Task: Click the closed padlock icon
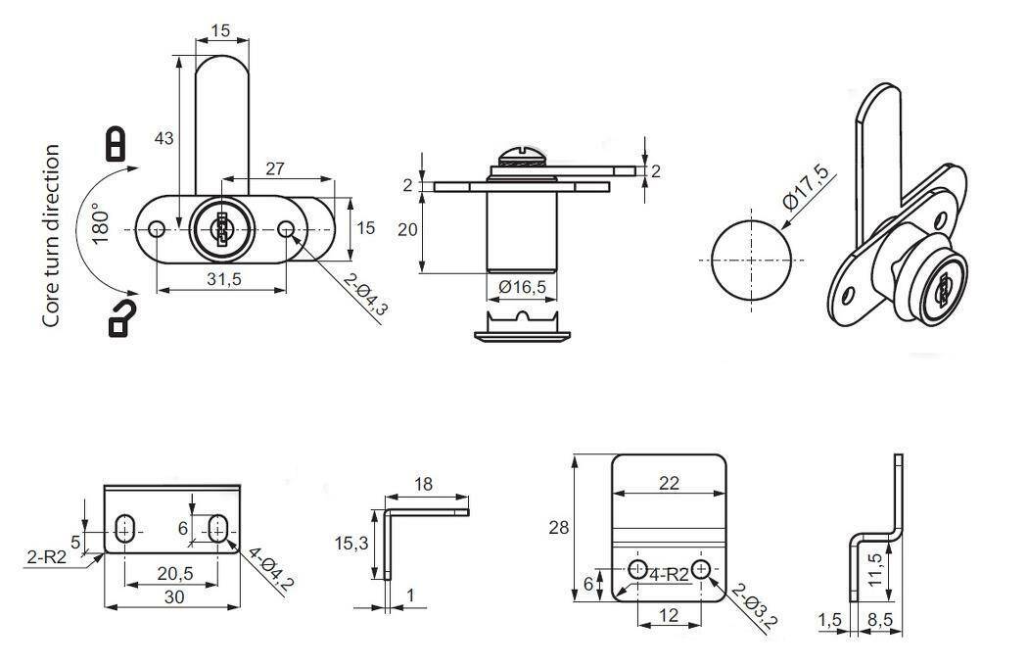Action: point(116,144)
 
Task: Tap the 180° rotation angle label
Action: point(99,223)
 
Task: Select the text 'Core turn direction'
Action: point(51,236)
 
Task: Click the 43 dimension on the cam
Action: point(164,138)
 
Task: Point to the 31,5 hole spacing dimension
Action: point(224,279)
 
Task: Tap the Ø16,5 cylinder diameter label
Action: point(522,286)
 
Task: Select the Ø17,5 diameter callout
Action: point(807,188)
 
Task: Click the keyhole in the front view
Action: point(221,229)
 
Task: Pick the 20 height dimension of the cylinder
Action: point(408,229)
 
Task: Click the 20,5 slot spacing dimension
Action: point(175,574)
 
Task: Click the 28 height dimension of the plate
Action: point(559,528)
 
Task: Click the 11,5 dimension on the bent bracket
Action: point(874,570)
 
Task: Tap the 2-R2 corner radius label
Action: point(47,557)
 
